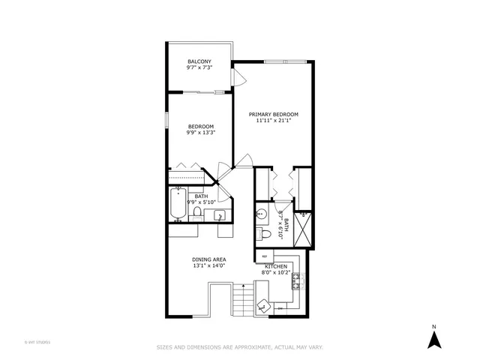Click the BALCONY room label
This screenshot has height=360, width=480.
pyautogui.click(x=199, y=61)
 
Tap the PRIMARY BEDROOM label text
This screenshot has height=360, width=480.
pyautogui.click(x=274, y=113)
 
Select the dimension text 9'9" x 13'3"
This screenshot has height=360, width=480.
pyautogui.click(x=200, y=133)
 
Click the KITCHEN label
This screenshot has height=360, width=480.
pyautogui.click(x=275, y=266)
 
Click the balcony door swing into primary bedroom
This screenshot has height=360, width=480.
pyautogui.click(x=238, y=78)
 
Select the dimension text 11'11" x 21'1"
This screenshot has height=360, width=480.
pyautogui.click(x=274, y=120)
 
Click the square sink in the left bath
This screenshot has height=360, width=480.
pyautogui.click(x=219, y=217)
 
